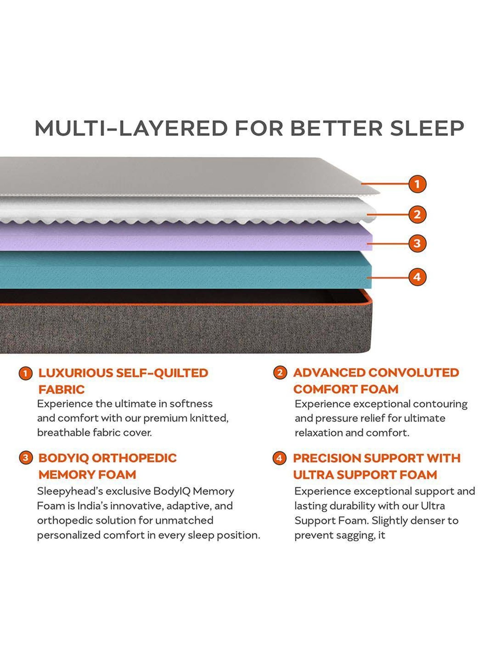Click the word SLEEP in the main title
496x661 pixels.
click(x=427, y=128)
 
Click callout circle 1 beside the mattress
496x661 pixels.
click(x=417, y=184)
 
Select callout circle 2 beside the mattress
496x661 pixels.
click(x=417, y=214)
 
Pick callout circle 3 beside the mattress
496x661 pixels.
click(x=417, y=244)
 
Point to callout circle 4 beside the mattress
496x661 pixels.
click(x=417, y=277)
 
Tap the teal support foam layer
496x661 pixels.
click(x=185, y=269)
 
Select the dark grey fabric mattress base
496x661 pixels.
click(x=185, y=329)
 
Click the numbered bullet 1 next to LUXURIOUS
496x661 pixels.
click(x=25, y=373)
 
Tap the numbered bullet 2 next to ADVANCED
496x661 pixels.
click(x=280, y=373)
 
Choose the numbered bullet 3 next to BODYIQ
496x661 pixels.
click(x=25, y=458)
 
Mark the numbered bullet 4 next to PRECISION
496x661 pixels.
click(x=279, y=458)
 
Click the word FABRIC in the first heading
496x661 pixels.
click(x=62, y=390)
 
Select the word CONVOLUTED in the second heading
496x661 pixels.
click(x=413, y=373)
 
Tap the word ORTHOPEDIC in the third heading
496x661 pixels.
click(x=134, y=458)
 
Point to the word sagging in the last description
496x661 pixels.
click(x=355, y=535)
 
